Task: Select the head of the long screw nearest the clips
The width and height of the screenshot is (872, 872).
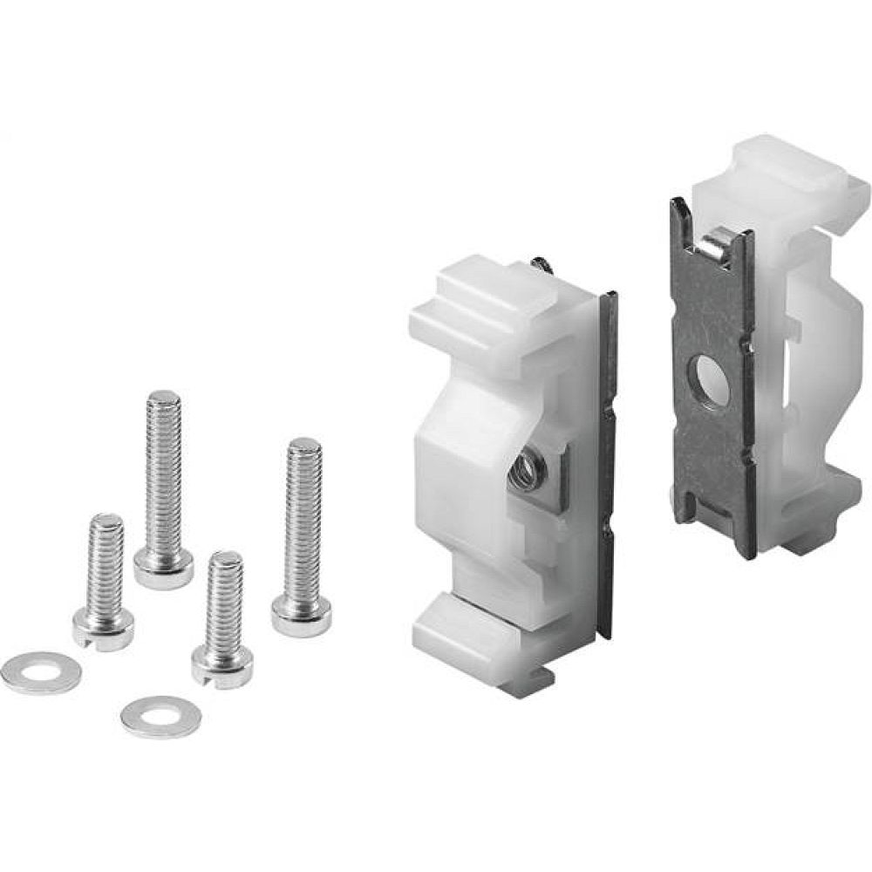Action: click(x=301, y=615)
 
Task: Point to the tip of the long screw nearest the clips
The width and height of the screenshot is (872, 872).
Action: click(x=305, y=450)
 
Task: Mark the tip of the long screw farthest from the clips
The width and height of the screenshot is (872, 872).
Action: click(x=164, y=403)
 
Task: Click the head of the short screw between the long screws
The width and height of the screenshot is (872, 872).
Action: click(x=222, y=667)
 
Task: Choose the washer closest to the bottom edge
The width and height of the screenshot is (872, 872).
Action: click(x=161, y=715)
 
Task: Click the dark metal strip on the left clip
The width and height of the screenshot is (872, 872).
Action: click(x=607, y=453)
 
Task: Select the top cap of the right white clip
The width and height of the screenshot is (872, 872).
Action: click(x=785, y=170)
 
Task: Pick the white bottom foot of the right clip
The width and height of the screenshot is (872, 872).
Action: click(x=820, y=523)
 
